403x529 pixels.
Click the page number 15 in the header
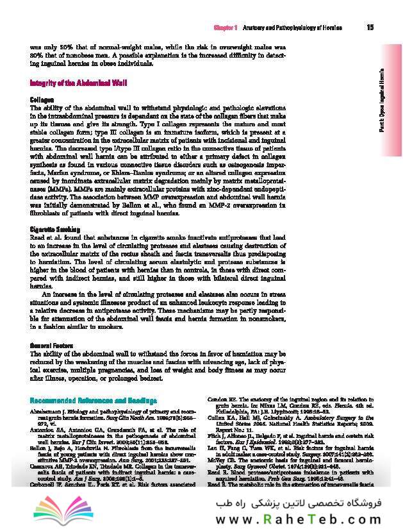[370, 28]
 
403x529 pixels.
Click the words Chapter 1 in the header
[225, 28]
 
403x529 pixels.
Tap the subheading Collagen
[42, 100]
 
